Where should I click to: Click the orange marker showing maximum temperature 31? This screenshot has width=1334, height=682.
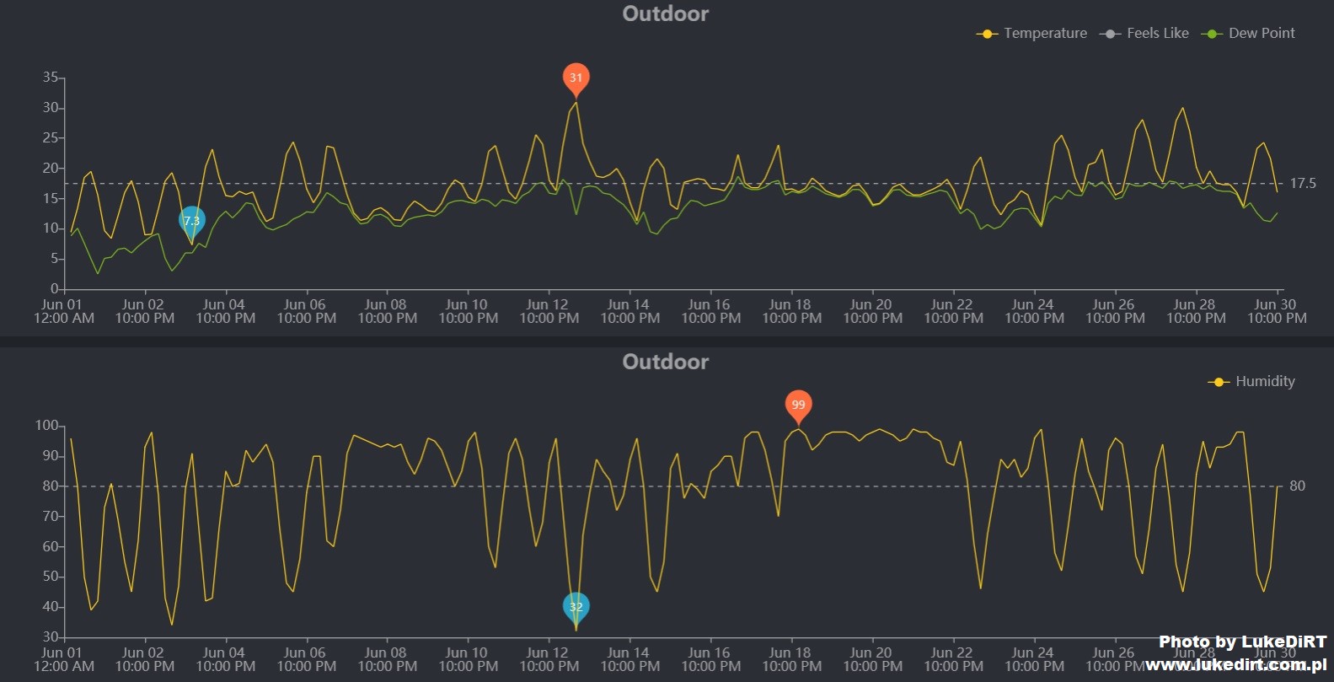[576, 78]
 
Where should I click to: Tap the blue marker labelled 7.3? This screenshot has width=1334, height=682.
[192, 221]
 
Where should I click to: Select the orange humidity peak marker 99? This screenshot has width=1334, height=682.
[798, 405]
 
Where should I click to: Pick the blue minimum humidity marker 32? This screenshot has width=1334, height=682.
[576, 606]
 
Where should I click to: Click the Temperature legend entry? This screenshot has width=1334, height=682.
[1032, 34]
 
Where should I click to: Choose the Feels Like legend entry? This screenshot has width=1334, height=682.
[1145, 34]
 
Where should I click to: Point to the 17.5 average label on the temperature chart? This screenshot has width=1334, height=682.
[1302, 183]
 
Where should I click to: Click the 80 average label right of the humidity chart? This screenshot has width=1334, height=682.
[1297, 486]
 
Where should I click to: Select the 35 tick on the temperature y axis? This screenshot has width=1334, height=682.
[51, 78]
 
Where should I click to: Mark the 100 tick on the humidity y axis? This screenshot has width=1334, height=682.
[46, 426]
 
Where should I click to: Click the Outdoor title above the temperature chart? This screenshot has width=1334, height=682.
[665, 13]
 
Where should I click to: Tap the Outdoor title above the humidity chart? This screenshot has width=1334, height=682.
[665, 362]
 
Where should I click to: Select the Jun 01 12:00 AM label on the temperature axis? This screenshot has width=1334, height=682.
[63, 311]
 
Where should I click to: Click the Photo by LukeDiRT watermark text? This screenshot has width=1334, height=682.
[1242, 642]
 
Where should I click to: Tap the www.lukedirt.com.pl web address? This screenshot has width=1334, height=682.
[1235, 665]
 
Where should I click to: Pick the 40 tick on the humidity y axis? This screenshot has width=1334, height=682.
[51, 607]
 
